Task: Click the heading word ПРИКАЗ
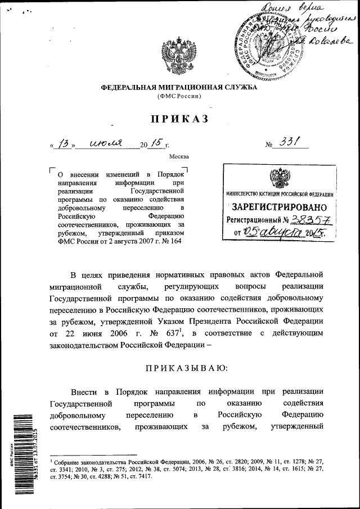(179, 119)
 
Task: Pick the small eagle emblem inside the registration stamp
(280, 178)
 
